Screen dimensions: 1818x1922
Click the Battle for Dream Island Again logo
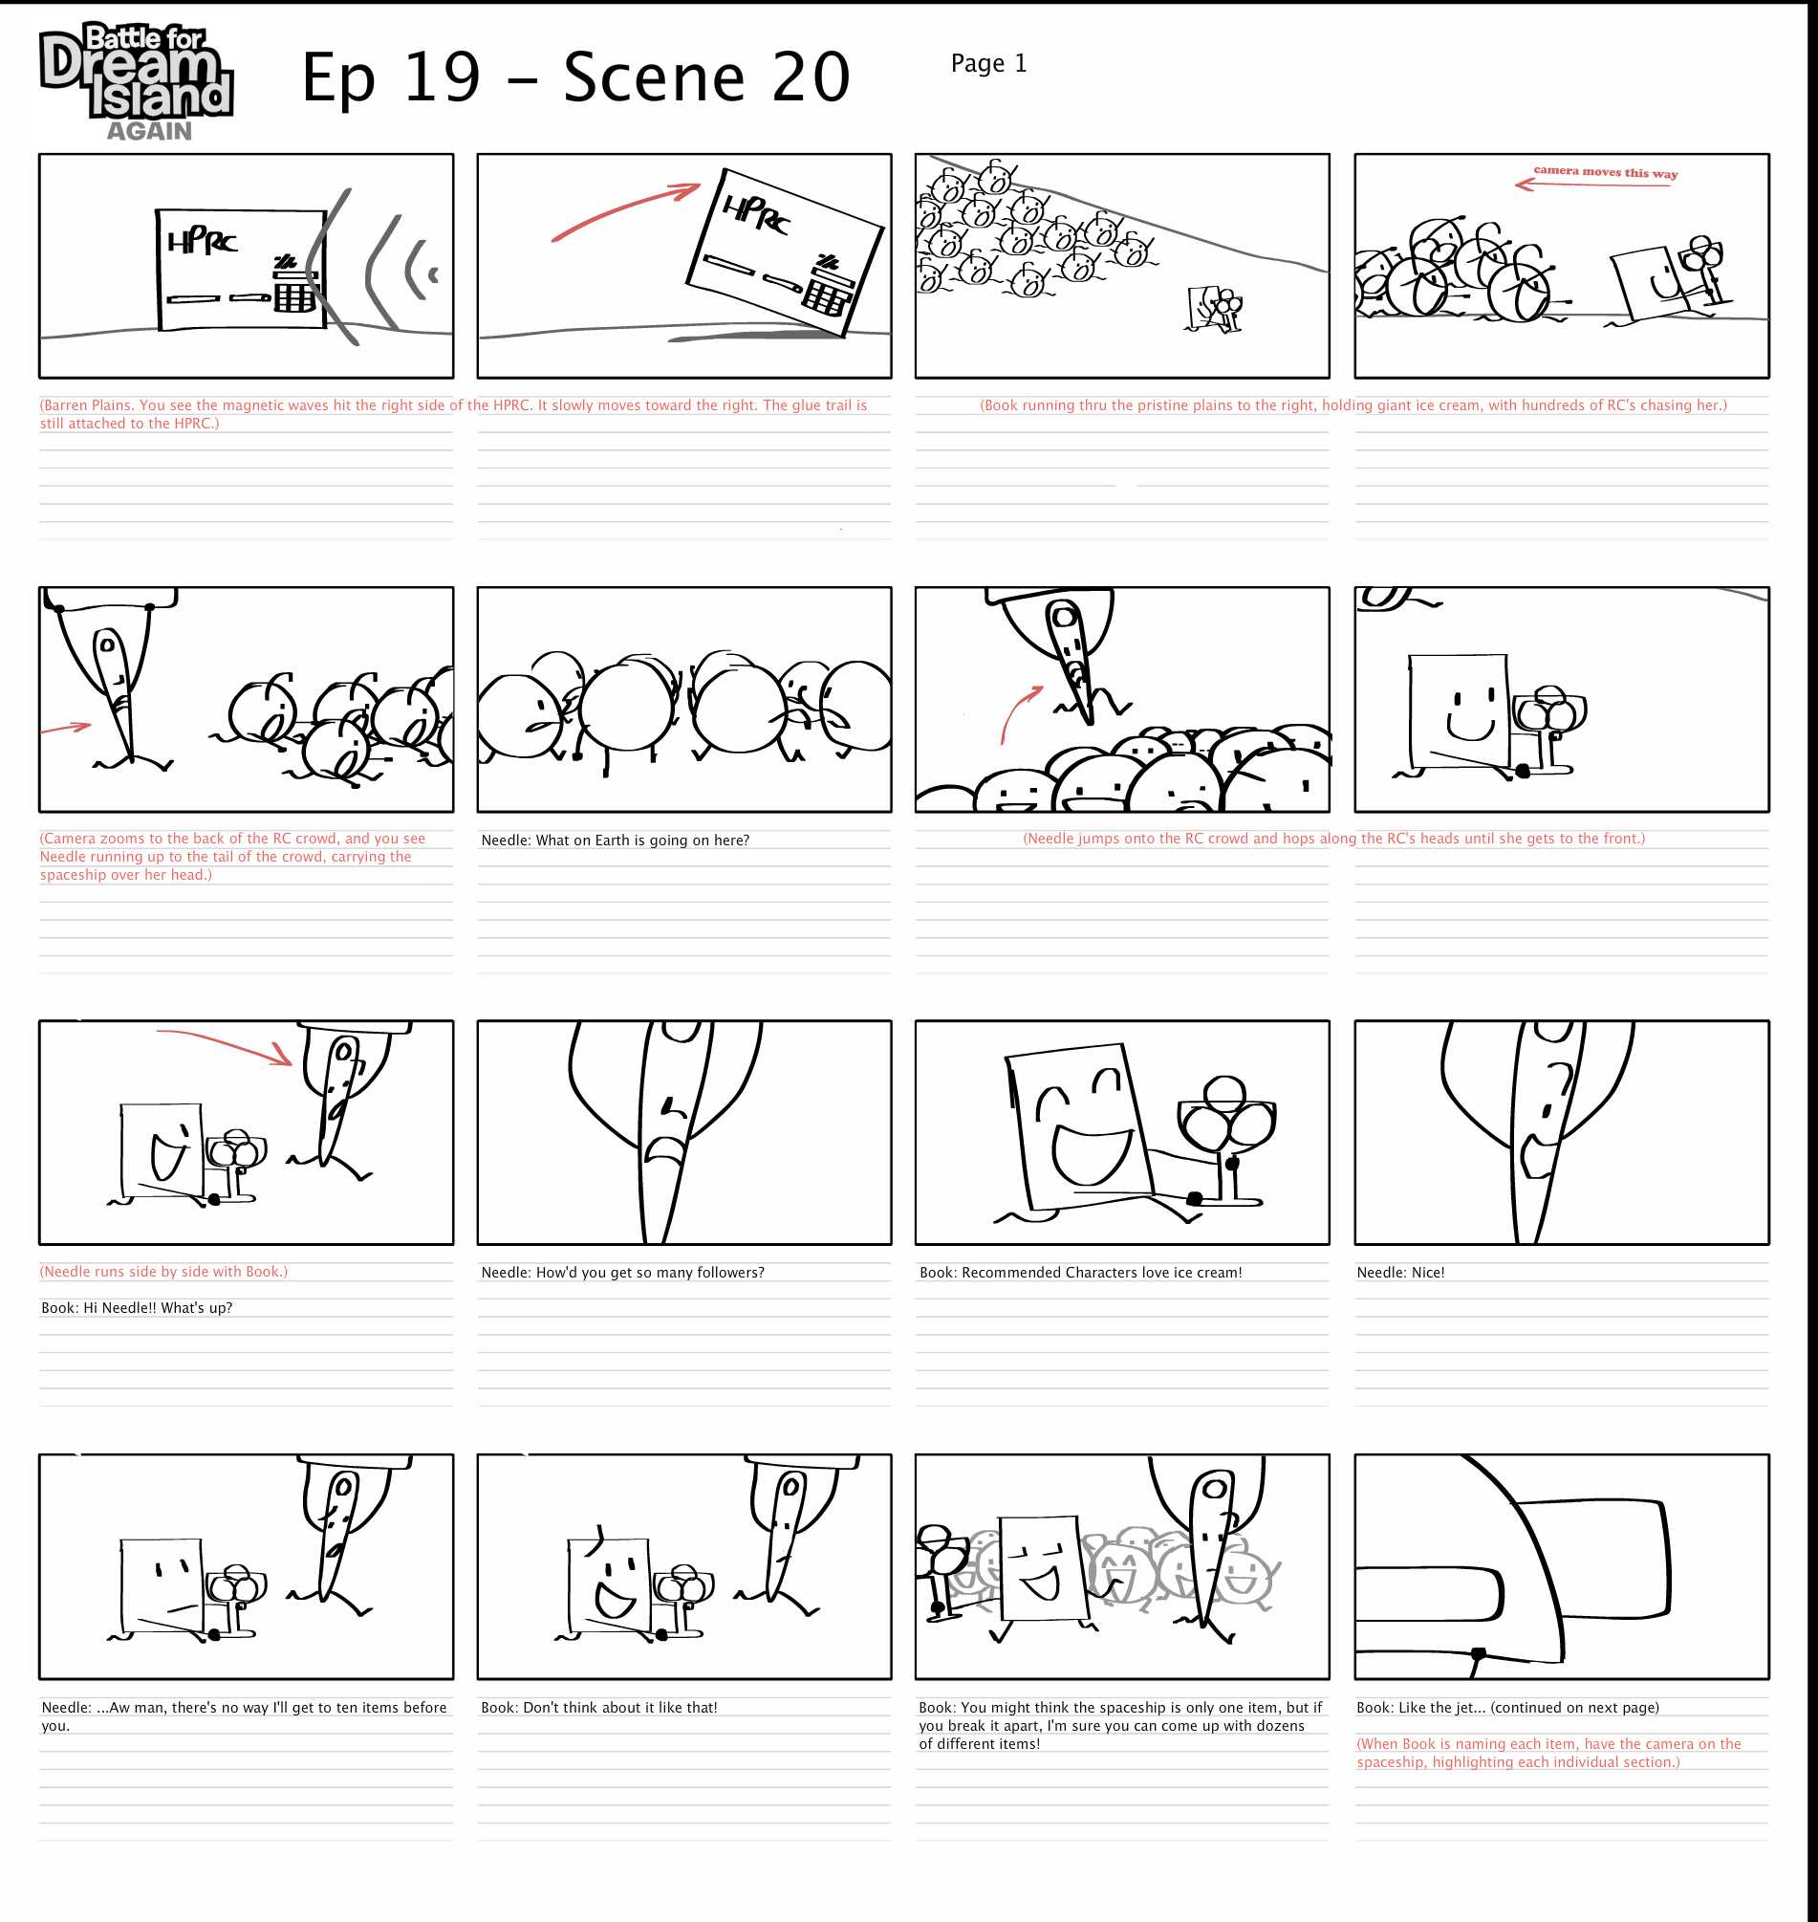pyautogui.click(x=136, y=81)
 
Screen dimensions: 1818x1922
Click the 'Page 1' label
pyautogui.click(x=988, y=64)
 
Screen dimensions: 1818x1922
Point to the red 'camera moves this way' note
pyautogui.click(x=1605, y=172)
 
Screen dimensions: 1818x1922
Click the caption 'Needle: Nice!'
pyautogui.click(x=1400, y=1273)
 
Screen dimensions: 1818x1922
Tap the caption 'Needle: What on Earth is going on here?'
pyautogui.click(x=616, y=841)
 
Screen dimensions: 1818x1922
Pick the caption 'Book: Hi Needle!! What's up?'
pyautogui.click(x=137, y=1307)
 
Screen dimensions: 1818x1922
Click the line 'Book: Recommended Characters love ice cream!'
pyautogui.click(x=1080, y=1273)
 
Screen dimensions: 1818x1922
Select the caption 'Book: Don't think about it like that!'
pyautogui.click(x=599, y=1708)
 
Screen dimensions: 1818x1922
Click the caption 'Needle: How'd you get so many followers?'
pyautogui.click(x=622, y=1273)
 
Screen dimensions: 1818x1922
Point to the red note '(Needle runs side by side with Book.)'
pyautogui.click(x=163, y=1272)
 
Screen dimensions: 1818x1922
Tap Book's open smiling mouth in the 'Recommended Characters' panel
pyautogui.click(x=1093, y=1153)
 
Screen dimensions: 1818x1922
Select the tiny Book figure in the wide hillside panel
pyautogui.click(x=1203, y=308)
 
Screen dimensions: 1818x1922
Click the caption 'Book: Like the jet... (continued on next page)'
pyautogui.click(x=1508, y=1708)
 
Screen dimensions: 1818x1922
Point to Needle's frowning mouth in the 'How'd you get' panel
pyautogui.click(x=666, y=1149)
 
